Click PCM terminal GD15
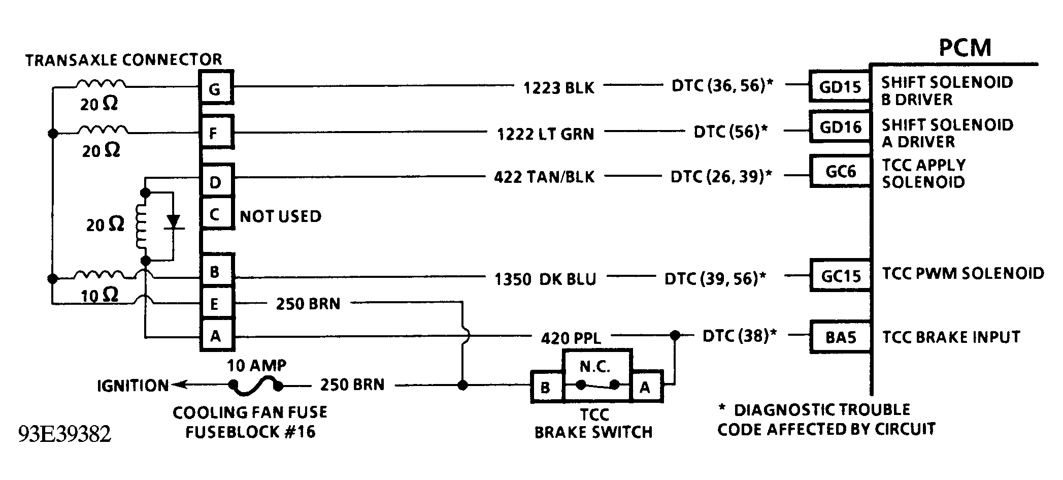pyautogui.click(x=840, y=87)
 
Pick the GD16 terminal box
pyautogui.click(x=840, y=126)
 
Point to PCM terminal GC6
pyautogui.click(x=840, y=172)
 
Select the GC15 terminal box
pyautogui.click(x=840, y=276)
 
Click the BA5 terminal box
pyautogui.click(x=840, y=337)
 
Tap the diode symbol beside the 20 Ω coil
pyautogui.click(x=174, y=222)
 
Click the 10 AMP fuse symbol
pyautogui.click(x=255, y=387)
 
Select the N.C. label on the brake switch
pyautogui.click(x=595, y=367)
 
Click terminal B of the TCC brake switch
pyautogui.click(x=546, y=388)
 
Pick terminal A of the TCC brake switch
pyautogui.click(x=645, y=388)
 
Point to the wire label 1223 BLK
pyautogui.click(x=558, y=88)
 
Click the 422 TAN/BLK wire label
pyautogui.click(x=544, y=177)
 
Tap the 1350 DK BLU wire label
pyautogui.click(x=545, y=279)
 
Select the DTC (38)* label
pyautogui.click(x=739, y=336)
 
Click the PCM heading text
pyautogui.click(x=965, y=48)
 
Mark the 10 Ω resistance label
pyautogui.click(x=100, y=295)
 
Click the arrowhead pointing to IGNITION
pyautogui.click(x=177, y=386)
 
